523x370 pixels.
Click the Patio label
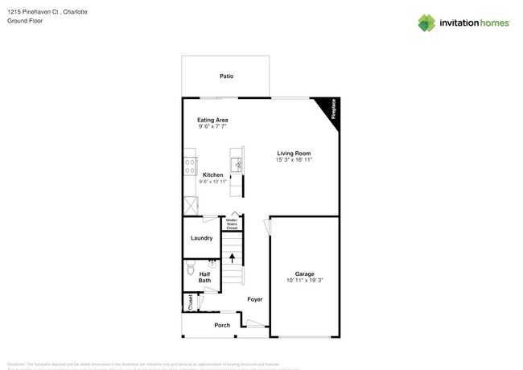227,76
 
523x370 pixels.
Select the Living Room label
294,153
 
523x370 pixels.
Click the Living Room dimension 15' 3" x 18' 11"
294,160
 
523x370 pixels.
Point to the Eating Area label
213,120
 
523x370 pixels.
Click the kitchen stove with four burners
191,166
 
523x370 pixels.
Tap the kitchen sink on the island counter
237,166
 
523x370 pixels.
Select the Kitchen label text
212,175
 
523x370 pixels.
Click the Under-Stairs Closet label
232,224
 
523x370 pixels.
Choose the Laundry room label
201,238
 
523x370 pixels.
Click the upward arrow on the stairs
233,258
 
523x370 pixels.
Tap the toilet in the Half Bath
191,265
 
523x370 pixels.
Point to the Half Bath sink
213,263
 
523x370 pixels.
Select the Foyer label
255,299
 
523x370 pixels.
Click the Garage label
304,273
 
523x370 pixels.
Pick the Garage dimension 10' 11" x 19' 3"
304,281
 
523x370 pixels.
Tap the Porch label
222,325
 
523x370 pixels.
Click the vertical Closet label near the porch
190,302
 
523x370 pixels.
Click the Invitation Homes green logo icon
426,23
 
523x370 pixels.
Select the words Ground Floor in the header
24,20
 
